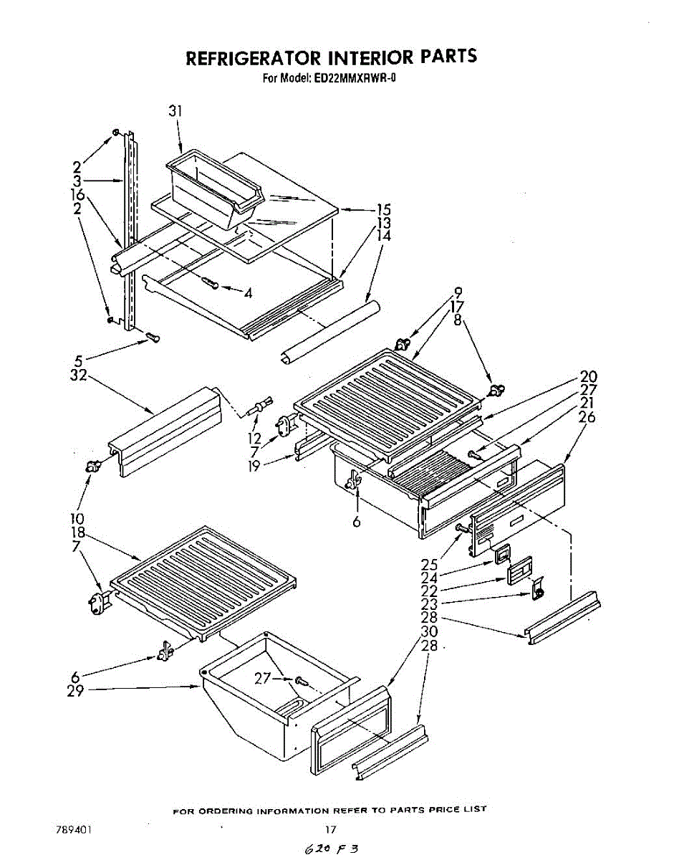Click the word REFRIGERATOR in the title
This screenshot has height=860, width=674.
pyautogui.click(x=254, y=57)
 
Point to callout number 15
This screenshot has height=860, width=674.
pyautogui.click(x=382, y=210)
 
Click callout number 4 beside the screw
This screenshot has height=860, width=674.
pyautogui.click(x=248, y=293)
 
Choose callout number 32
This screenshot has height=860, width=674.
pyautogui.click(x=78, y=375)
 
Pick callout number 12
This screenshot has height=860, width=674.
pyautogui.click(x=254, y=438)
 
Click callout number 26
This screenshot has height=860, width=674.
pyautogui.click(x=586, y=417)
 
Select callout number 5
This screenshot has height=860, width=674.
pyautogui.click(x=79, y=361)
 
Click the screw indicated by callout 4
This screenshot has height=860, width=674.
pyautogui.click(x=210, y=282)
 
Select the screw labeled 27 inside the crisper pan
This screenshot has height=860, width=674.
pyautogui.click(x=302, y=681)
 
